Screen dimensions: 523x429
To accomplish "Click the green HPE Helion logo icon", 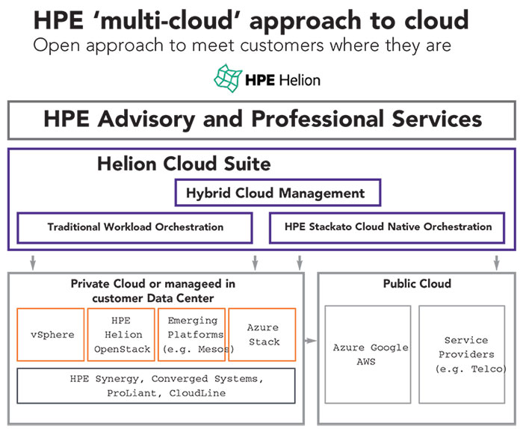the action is [x=228, y=78].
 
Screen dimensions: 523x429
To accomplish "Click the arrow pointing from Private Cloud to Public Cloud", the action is [x=310, y=341].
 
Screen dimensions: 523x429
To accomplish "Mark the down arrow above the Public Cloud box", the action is [x=497, y=263].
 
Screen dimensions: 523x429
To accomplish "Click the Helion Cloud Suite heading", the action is [x=184, y=164].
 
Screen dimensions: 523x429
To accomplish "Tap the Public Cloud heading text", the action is [x=417, y=283].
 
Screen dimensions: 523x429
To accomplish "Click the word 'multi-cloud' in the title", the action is [x=170, y=20].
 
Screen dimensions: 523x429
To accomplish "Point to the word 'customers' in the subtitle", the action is [x=282, y=46].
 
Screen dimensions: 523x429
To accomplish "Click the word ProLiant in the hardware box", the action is [x=131, y=393].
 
